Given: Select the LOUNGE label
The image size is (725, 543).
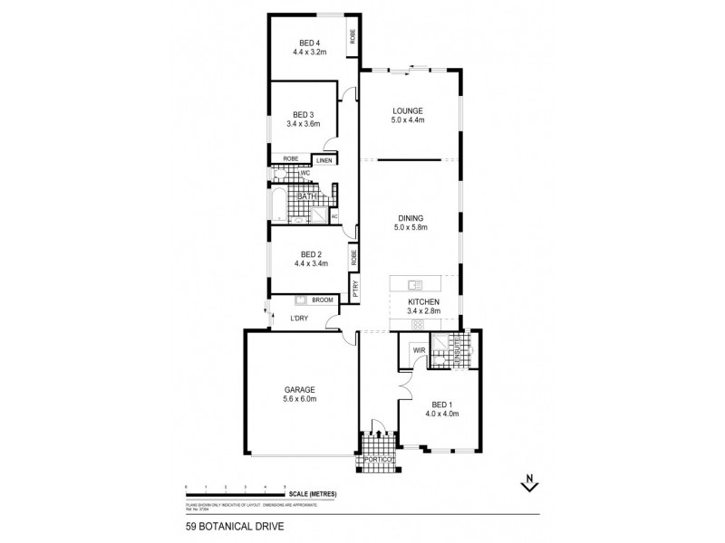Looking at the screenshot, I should [x=409, y=110].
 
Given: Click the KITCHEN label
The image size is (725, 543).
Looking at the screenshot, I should [x=423, y=301].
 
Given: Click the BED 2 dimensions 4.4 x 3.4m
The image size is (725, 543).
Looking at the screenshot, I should [x=309, y=263].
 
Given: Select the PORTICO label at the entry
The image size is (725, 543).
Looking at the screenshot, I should [x=379, y=460].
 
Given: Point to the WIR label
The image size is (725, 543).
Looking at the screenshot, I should [x=420, y=348].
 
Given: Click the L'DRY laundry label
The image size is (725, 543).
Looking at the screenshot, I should [x=300, y=319].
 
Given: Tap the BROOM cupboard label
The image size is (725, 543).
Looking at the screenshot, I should [x=322, y=300].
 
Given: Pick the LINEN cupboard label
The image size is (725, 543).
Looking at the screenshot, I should [x=324, y=161].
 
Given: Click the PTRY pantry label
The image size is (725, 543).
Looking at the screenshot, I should [x=355, y=289].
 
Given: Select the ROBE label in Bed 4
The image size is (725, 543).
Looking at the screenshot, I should [x=353, y=37].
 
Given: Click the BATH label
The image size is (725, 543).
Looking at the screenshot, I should [x=307, y=195].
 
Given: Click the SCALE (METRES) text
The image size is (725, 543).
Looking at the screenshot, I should [x=314, y=493].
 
